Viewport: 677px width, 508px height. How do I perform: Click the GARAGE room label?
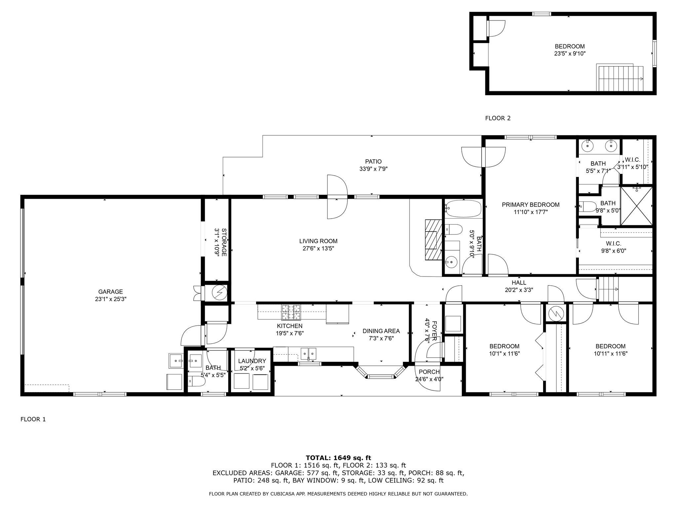coord(110,292)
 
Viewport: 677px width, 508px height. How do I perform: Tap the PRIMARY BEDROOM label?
coord(531,205)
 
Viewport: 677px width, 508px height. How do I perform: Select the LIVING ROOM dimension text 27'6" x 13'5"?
coord(318,249)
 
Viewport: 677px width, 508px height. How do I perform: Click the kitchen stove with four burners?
coord(291,312)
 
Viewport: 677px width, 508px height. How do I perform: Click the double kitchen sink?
coord(308,353)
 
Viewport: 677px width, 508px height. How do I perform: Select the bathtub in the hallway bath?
coord(463,208)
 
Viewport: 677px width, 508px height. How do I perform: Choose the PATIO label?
coord(373,161)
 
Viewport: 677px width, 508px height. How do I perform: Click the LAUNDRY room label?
coord(252,361)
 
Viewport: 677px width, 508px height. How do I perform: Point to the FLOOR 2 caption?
coord(498,118)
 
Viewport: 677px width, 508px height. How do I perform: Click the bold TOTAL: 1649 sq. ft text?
coord(338,458)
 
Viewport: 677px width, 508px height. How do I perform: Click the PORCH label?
coord(429,372)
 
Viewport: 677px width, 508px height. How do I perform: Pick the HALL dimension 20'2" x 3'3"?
coord(519,290)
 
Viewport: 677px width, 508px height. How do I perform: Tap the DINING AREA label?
coord(381,331)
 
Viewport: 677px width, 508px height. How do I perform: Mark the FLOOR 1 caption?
coord(33,419)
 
